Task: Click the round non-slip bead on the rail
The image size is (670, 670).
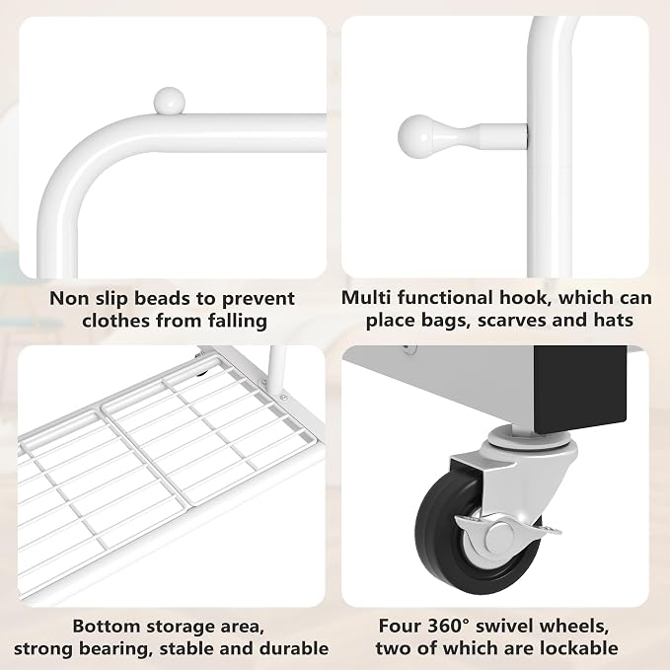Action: [169, 101]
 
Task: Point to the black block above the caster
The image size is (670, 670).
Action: [579, 388]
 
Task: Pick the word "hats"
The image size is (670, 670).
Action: [614, 320]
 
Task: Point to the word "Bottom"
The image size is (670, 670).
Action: [107, 626]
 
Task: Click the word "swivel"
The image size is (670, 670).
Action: [503, 626]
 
